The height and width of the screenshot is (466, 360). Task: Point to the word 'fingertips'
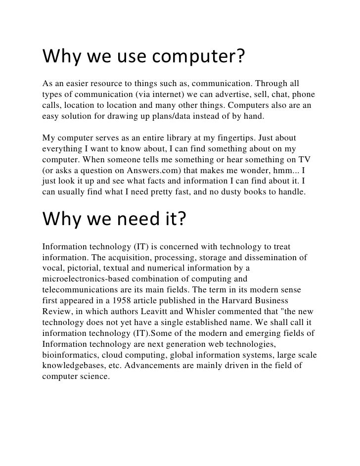point(253,138)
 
